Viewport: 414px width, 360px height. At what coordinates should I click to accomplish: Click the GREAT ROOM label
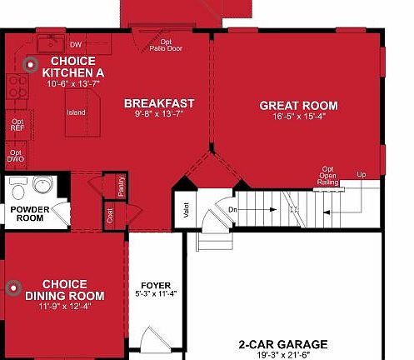point(298,106)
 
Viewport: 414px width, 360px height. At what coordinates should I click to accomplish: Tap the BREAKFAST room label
point(159,103)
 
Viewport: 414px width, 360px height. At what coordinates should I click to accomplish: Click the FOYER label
point(156,284)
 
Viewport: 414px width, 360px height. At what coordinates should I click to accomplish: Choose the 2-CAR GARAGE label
point(282,343)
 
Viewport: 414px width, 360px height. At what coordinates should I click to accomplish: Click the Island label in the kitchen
point(77,112)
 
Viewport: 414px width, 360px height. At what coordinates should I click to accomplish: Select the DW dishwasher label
point(76,44)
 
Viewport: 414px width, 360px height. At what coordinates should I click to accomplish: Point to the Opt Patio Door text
point(168,45)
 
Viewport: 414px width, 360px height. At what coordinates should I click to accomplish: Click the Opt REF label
point(17,126)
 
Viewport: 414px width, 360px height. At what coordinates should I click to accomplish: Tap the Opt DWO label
point(16,156)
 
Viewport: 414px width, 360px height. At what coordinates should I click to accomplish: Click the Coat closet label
point(109,217)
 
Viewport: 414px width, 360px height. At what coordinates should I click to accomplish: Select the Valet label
point(184,210)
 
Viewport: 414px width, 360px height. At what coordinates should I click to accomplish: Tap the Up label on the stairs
point(361,174)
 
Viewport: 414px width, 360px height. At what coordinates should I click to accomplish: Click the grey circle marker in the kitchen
point(32,63)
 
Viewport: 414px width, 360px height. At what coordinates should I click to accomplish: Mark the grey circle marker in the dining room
point(12,288)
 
